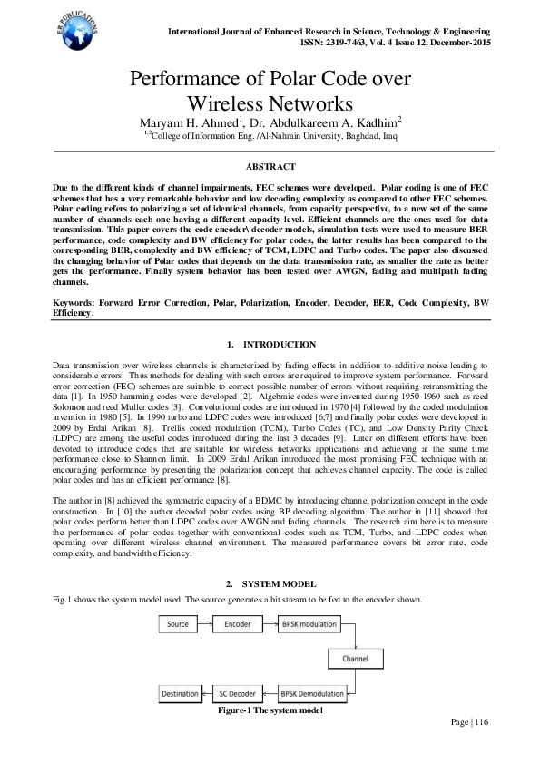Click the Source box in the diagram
coord(178,624)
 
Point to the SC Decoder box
coord(238,694)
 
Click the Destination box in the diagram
coord(179,694)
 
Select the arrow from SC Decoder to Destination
coord(207,694)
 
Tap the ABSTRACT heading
coord(270,167)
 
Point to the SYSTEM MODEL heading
coord(277,583)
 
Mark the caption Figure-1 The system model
coord(270,710)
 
